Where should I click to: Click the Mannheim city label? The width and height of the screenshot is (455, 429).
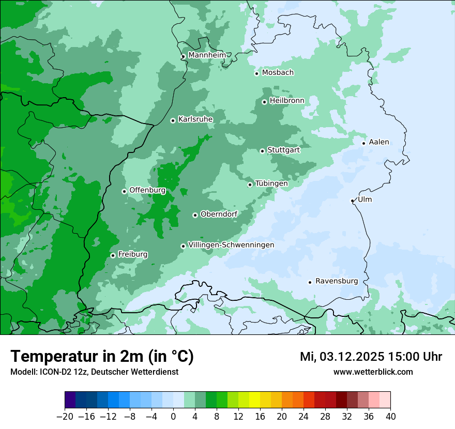coord(207,55)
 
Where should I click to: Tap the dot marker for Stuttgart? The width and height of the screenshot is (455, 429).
coord(262,151)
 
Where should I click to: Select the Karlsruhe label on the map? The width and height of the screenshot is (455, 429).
coord(195,119)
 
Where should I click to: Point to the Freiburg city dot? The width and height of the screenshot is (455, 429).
coord(113,255)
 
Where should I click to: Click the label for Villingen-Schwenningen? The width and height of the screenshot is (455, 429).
coord(231,245)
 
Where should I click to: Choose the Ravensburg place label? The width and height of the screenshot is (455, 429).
coord(337,281)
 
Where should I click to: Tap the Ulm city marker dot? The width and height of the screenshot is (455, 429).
coord(352,201)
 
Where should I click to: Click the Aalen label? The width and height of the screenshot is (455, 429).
coord(379,142)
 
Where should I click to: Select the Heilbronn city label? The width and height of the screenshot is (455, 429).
coord(287,101)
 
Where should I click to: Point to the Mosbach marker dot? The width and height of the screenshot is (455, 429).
coord(256,73)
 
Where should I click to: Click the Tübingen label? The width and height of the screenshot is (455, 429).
coord(271,183)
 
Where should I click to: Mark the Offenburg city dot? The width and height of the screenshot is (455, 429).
coord(124,191)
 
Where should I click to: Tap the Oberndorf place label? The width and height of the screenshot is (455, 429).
coord(219,214)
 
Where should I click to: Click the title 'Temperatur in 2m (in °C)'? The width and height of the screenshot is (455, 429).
coord(102,357)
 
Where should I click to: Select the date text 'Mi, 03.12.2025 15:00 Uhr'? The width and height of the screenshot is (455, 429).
coord(371,357)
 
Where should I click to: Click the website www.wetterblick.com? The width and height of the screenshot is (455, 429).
coord(373,372)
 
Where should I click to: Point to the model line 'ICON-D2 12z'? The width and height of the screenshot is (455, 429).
coord(94,372)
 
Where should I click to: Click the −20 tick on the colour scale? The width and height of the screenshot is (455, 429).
coord(65,417)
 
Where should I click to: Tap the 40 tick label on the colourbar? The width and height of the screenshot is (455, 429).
coord(390,417)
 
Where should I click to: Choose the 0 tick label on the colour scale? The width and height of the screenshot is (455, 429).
coord(173,417)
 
